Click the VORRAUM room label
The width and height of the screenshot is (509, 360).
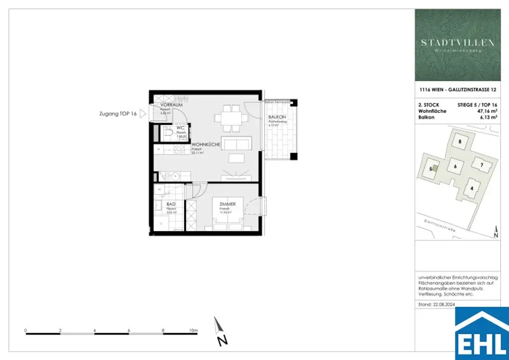point(172,105)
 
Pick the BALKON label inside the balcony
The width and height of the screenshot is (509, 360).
point(276,117)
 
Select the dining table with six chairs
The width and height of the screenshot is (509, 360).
point(231,118)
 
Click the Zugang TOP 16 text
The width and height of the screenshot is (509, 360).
point(118,114)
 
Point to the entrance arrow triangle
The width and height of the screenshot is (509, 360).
point(143,114)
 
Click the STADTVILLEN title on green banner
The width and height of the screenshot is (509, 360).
point(458,43)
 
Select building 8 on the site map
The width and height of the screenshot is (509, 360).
point(460,142)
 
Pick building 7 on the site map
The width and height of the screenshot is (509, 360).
point(482,164)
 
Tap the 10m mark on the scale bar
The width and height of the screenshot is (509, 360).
point(193,330)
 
